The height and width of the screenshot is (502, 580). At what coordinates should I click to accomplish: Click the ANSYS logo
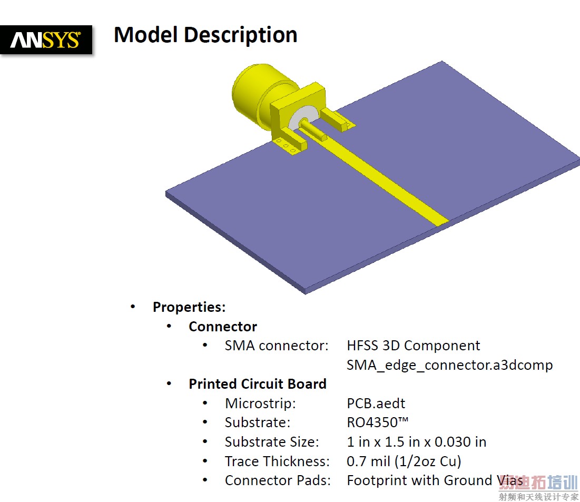pos(46,40)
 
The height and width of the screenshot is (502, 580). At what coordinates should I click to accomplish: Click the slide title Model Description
pos(205,35)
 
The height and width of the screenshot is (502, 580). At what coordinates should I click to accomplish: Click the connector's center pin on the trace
pos(313,130)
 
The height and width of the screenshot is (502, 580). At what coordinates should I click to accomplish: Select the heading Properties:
pos(189,307)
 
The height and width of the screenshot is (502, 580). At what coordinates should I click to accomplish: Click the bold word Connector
pos(223,327)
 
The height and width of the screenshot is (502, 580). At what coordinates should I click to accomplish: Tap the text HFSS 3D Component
pos(413,346)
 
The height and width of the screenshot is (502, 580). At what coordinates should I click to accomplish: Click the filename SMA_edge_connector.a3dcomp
pos(449,365)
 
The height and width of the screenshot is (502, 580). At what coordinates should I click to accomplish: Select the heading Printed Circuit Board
pos(258,384)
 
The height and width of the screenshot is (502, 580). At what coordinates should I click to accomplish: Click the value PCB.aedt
pos(376,403)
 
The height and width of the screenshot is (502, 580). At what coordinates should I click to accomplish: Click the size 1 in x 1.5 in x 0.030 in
pos(417,442)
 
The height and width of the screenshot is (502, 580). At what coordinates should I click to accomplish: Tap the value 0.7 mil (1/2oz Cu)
pos(404,461)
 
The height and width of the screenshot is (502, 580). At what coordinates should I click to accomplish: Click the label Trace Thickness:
pos(277,461)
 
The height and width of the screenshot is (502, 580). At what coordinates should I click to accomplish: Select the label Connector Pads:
pos(278,480)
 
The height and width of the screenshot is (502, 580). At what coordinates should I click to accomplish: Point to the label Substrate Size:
pos(272,442)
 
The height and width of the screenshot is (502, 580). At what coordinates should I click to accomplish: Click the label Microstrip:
pos(260,403)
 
